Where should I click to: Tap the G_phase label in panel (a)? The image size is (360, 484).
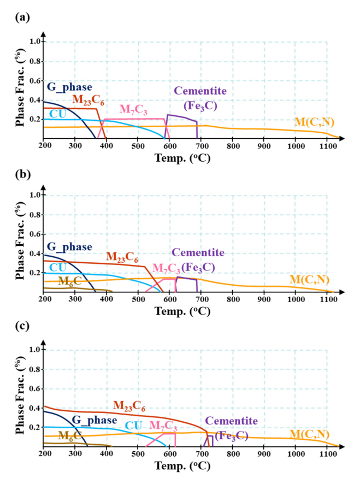(69, 87)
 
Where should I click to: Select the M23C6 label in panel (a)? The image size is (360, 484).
(88, 99)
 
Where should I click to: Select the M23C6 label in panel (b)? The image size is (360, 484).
(121, 256)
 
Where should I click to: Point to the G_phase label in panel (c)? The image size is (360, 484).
(95, 420)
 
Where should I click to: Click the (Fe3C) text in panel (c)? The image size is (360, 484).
(231, 435)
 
